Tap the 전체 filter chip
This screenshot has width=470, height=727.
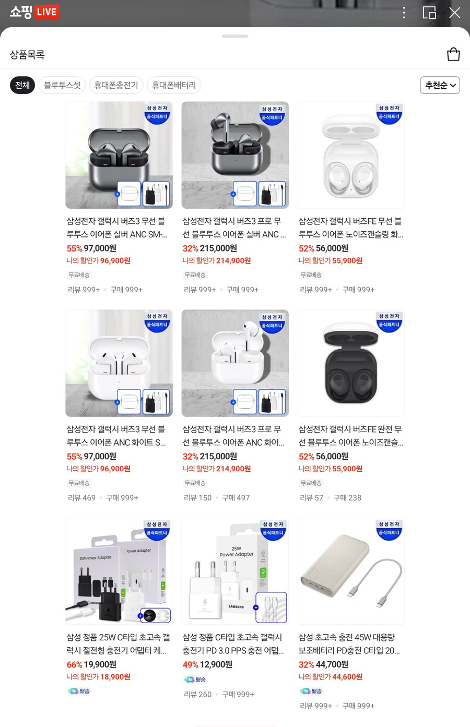coord(22,85)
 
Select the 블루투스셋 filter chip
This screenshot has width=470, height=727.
coord(62,85)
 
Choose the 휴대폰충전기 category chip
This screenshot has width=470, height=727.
coord(116,85)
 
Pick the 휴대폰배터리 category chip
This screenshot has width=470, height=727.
coord(174,85)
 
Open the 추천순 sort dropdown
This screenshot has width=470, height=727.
coord(440,85)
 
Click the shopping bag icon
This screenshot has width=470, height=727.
coord(453,54)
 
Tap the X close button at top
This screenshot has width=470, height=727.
coord(455,13)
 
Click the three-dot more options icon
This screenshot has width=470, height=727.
coord(404,13)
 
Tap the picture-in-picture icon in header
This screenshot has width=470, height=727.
coord(429,13)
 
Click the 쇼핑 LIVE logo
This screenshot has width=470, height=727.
coord(34,12)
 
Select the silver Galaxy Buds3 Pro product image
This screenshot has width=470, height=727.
coord(235,155)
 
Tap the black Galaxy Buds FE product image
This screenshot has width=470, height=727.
coord(351,363)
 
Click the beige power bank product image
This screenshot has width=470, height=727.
coord(351,571)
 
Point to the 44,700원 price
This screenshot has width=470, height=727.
coord(332,664)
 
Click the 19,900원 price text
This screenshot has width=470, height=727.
coord(100,664)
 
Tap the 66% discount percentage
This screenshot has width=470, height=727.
coord(74,664)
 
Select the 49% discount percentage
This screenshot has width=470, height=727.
coord(190,664)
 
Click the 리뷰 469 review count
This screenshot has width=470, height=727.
coord(82,498)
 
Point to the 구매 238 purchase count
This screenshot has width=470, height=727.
coord(347,498)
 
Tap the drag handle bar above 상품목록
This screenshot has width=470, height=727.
coord(235,37)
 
